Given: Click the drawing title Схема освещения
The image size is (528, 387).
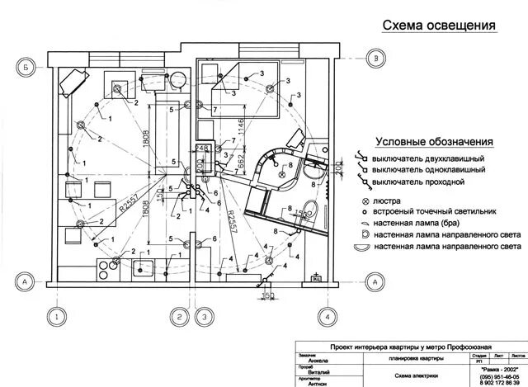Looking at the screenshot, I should (x=439, y=25).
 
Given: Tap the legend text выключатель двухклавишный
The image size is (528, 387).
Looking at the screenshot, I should (x=427, y=158).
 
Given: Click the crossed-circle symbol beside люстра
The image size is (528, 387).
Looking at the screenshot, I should (x=364, y=201).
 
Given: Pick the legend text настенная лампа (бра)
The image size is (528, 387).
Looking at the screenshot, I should (x=417, y=223).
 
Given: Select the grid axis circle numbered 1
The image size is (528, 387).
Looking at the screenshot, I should (x=55, y=316).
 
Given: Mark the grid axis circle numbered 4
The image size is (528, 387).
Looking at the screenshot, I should (x=327, y=316).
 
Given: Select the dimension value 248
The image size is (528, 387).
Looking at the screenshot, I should (x=200, y=149).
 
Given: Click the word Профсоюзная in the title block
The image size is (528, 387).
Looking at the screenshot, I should (x=445, y=349).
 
